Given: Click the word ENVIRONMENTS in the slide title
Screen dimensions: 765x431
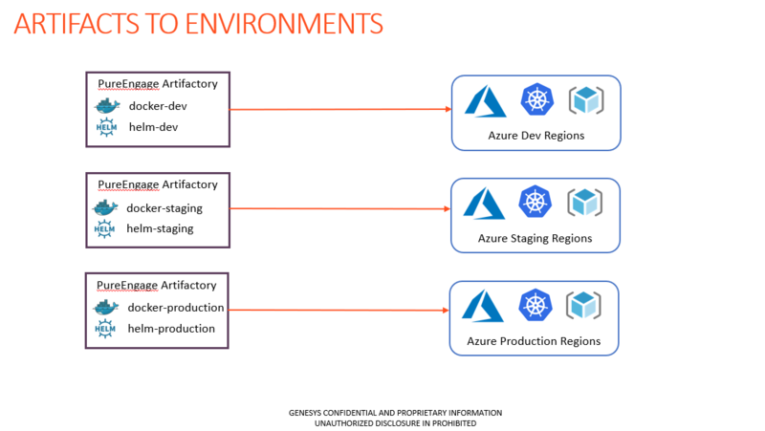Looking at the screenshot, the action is tap(284, 23).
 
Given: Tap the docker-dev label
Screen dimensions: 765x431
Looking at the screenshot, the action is tap(158, 106).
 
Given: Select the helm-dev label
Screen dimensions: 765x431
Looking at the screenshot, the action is tap(153, 127).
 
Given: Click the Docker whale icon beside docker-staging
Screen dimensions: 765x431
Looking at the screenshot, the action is tap(105, 207).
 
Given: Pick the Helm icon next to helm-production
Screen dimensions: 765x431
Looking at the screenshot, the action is tap(105, 329).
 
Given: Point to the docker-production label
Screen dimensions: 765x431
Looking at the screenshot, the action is tap(176, 308).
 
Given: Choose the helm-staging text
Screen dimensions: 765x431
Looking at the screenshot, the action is tap(160, 228).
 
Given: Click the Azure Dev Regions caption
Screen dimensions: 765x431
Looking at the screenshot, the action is tap(536, 136).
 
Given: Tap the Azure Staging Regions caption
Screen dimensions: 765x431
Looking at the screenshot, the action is tap(535, 238).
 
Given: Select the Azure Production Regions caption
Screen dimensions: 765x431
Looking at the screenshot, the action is tap(534, 341).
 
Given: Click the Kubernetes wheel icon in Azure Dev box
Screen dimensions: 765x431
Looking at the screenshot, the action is tap(536, 99).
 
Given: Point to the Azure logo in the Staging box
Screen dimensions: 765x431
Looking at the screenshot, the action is tap(484, 204).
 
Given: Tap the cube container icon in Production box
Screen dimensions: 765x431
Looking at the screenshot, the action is tap(583, 305).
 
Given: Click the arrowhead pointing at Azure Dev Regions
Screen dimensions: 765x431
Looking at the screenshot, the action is tap(448, 109).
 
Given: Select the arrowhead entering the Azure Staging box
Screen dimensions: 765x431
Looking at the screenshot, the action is tap(448, 208).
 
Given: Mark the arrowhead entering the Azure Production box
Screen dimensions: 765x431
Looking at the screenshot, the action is tap(446, 310).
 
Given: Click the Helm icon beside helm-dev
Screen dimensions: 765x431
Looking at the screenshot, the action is tap(106, 127).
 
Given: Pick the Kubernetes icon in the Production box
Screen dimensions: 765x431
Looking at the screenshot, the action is tap(535, 305).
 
